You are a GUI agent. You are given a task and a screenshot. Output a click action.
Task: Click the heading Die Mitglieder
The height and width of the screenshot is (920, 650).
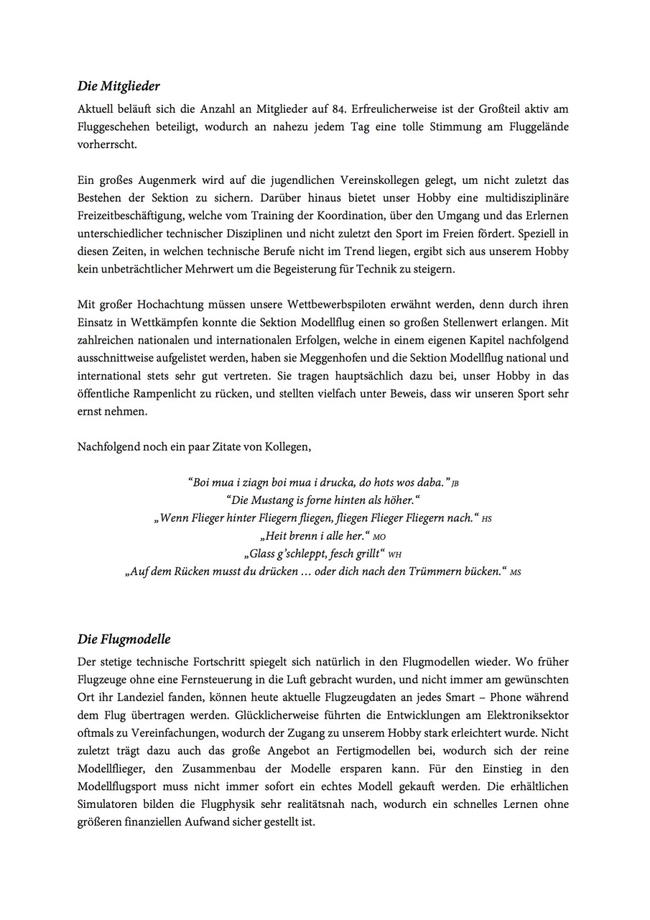[119, 87]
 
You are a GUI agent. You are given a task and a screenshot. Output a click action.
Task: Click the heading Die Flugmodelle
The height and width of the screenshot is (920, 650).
[124, 639]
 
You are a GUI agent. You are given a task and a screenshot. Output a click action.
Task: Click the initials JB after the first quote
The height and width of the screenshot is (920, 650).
[455, 483]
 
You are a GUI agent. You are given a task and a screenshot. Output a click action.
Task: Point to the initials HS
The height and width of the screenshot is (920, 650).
[487, 519]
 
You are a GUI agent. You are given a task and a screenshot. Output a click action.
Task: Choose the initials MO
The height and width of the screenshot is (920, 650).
[380, 537]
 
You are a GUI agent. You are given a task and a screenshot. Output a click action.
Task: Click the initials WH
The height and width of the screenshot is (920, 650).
[394, 555]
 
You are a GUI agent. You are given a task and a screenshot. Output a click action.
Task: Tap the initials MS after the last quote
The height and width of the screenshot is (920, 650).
[515, 573]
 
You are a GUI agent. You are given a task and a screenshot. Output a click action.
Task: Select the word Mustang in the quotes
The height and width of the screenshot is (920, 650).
[275, 500]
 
